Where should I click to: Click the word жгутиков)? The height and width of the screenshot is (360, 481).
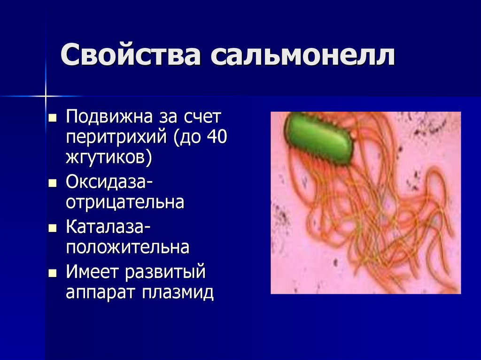coord(109,158)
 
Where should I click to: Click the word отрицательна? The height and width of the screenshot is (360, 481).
coord(125,202)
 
